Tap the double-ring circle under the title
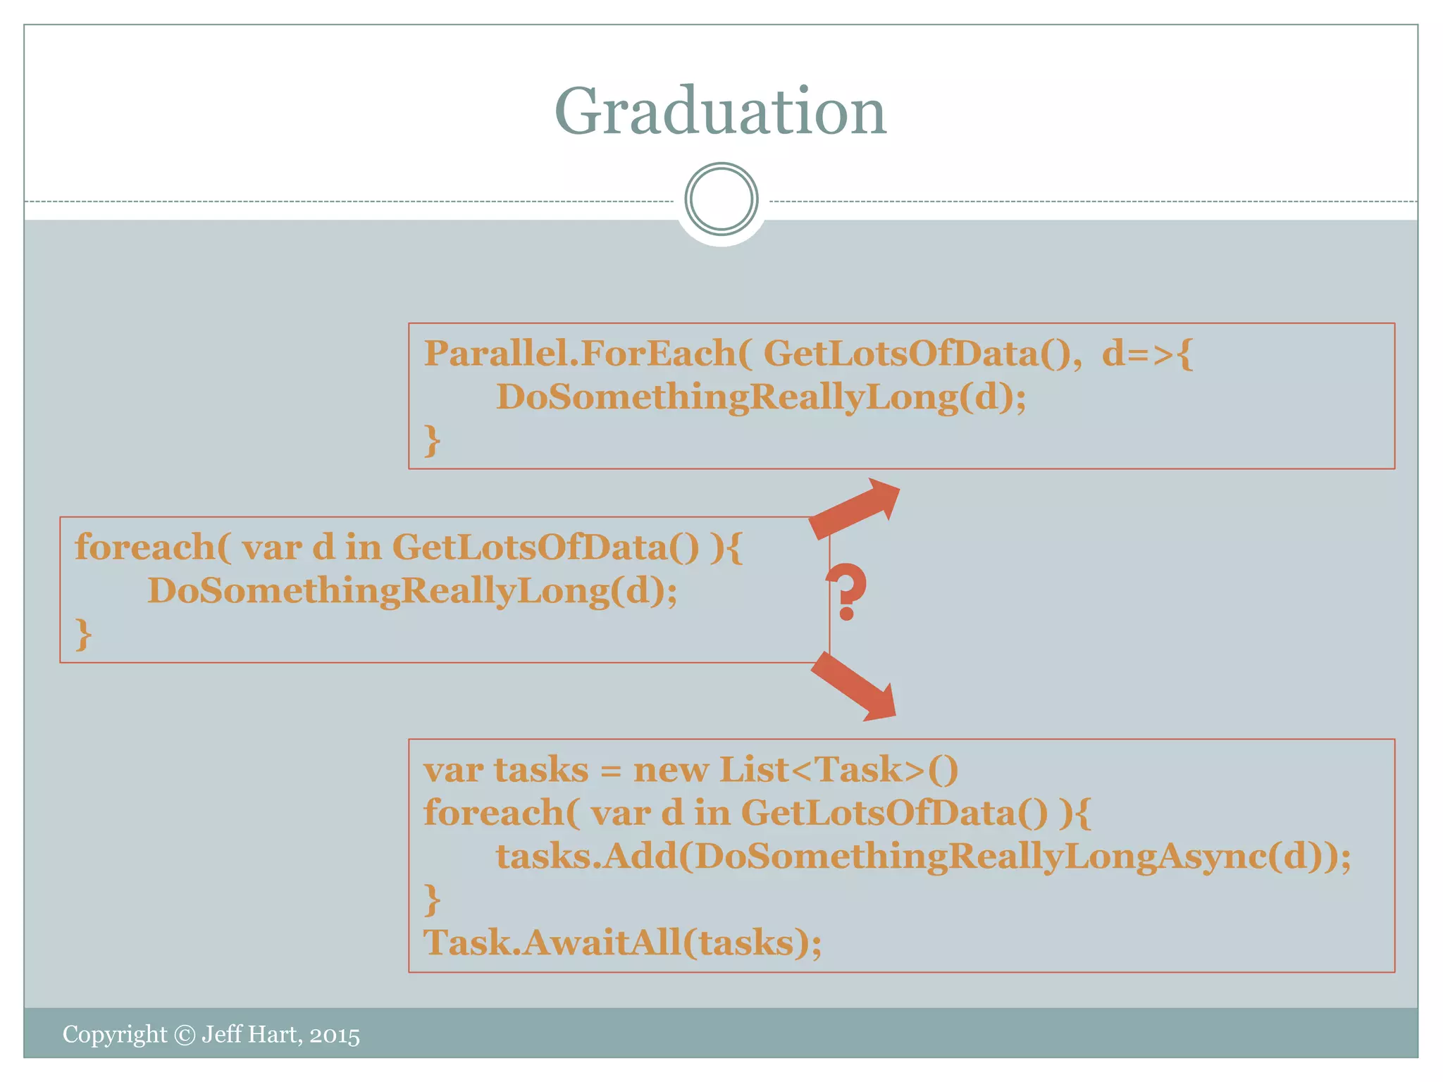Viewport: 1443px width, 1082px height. (721, 199)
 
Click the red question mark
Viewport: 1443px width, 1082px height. (846, 590)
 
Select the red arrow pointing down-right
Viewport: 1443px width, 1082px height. (855, 686)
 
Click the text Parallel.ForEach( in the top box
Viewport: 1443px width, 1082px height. (588, 354)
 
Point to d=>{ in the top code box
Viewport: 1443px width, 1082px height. (1147, 354)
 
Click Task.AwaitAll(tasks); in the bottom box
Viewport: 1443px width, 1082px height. (622, 943)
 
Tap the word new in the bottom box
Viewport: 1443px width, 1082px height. (671, 770)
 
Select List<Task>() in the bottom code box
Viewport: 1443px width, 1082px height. (838, 770)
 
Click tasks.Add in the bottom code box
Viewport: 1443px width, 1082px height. (586, 857)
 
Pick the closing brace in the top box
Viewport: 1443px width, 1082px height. (432, 441)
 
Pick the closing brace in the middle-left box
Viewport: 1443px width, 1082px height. (83, 634)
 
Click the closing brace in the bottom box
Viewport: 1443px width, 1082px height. (432, 900)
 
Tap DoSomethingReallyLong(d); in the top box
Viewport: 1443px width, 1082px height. (761, 397)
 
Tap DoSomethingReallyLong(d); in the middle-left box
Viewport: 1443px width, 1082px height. (412, 591)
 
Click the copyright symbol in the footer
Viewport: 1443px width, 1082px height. (185, 1035)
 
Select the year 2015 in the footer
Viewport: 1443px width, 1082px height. (335, 1036)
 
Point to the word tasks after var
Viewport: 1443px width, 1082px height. (540, 770)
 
